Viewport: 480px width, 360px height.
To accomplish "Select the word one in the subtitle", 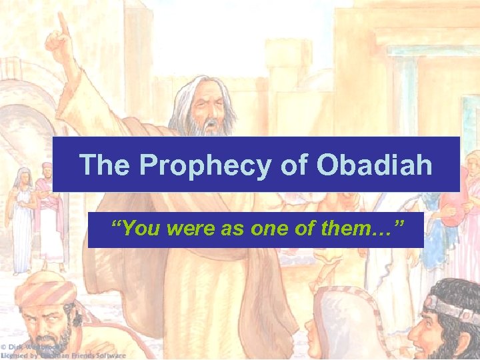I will point(263,230).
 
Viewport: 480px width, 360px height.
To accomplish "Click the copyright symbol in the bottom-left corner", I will point(4,347).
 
